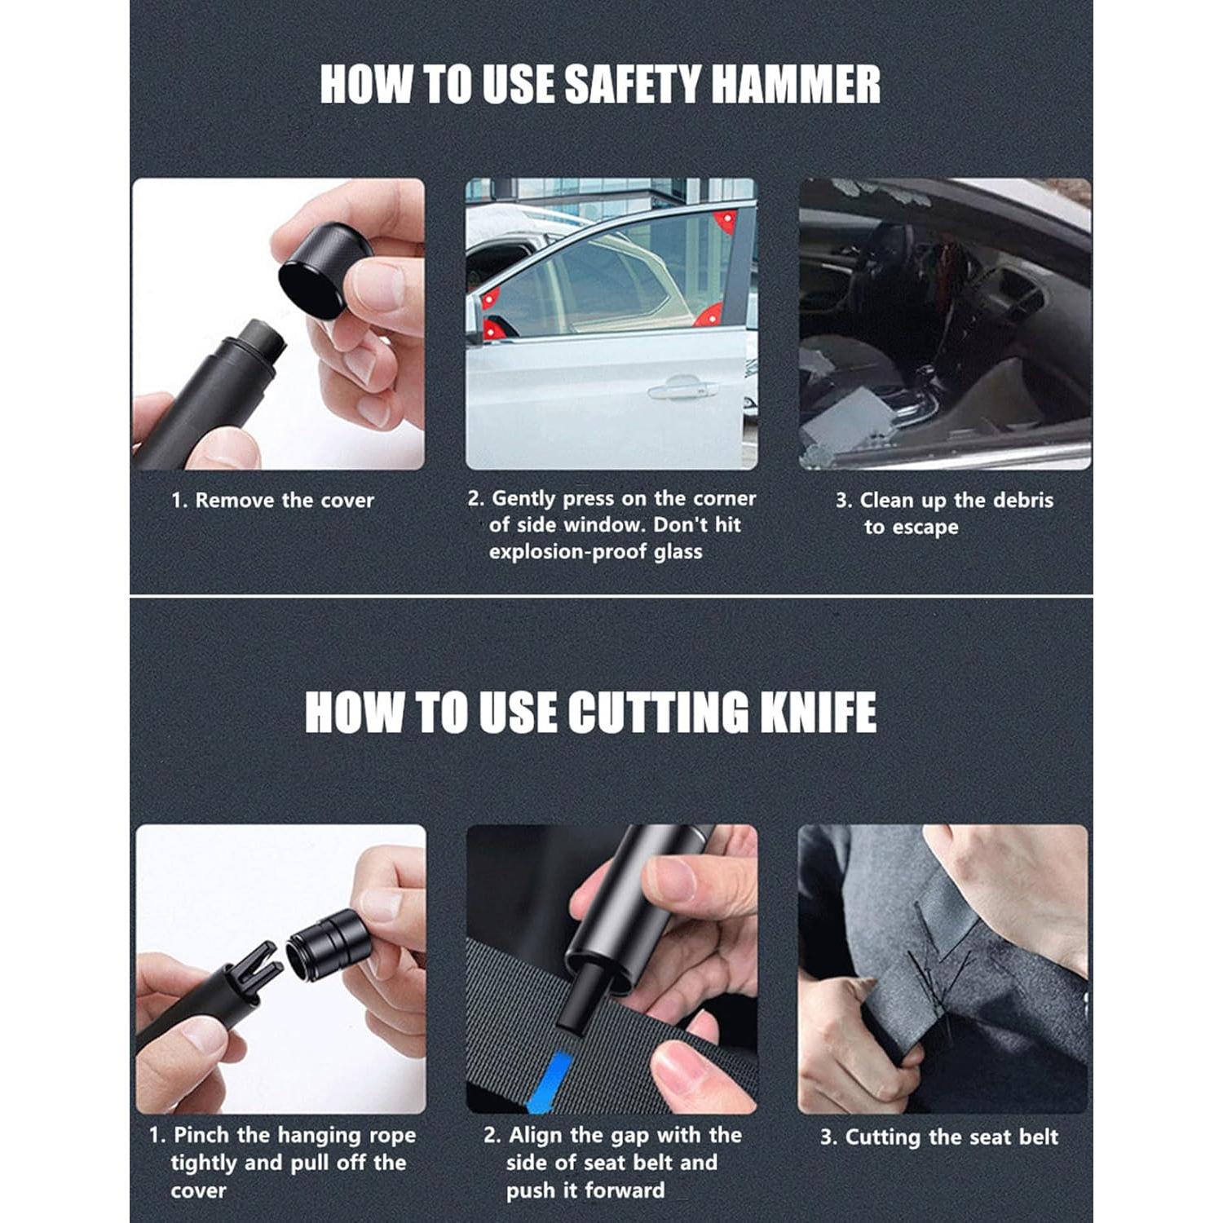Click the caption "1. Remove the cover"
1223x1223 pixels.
(x=272, y=500)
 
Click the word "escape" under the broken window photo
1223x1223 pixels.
(x=923, y=528)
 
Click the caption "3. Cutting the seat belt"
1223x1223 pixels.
(x=939, y=1137)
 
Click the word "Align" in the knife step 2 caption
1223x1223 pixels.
(x=537, y=1136)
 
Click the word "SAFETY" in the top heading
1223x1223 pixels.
(x=633, y=85)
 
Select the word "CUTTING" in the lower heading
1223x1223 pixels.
(x=657, y=712)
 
